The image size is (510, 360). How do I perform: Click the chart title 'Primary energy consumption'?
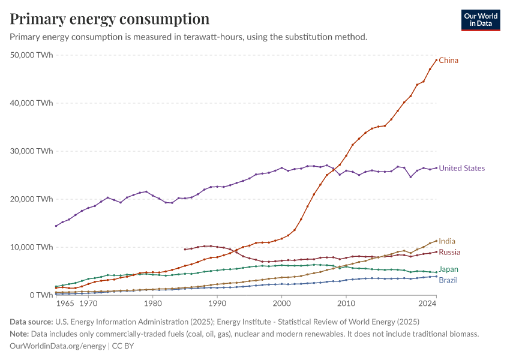click(x=110, y=19)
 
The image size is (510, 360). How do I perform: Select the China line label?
click(x=449, y=61)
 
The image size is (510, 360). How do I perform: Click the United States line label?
click(x=461, y=169)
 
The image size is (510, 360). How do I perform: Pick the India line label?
click(x=447, y=241)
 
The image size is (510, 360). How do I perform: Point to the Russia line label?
click(x=449, y=253)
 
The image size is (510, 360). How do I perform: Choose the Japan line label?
click(x=449, y=270)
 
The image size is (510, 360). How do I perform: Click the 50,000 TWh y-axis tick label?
click(x=32, y=55)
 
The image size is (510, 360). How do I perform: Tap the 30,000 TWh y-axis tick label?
click(x=32, y=151)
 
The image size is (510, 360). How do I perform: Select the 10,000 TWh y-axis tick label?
click(x=32, y=247)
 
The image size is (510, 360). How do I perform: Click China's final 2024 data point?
click(x=436, y=60)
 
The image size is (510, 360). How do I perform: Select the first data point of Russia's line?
click(x=185, y=250)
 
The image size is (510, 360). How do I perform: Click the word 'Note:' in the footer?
click(x=22, y=334)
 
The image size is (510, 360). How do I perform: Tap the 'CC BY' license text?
click(x=125, y=346)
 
